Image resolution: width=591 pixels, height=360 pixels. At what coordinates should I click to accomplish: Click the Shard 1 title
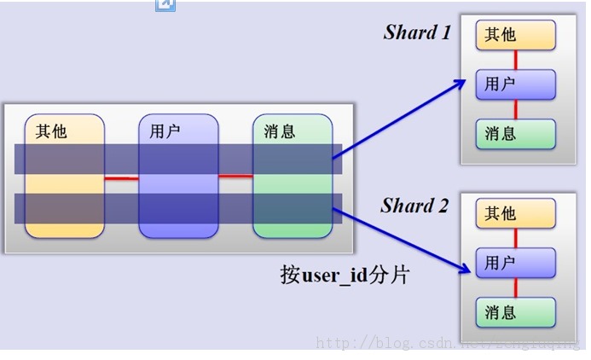pyautogui.click(x=417, y=32)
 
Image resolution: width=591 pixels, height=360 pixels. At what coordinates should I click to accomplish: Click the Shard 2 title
pyautogui.click(x=414, y=206)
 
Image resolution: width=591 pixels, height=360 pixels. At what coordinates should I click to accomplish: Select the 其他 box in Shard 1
pyautogui.click(x=516, y=35)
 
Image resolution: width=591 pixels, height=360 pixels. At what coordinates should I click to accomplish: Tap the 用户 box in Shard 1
pyautogui.click(x=516, y=84)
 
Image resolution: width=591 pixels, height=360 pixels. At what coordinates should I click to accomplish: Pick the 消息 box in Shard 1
pyautogui.click(x=516, y=134)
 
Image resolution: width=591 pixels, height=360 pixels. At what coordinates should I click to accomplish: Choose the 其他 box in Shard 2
pyautogui.click(x=516, y=213)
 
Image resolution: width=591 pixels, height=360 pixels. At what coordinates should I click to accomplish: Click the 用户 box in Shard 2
pyautogui.click(x=516, y=263)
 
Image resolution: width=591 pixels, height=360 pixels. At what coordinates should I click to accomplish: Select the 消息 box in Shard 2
pyautogui.click(x=516, y=313)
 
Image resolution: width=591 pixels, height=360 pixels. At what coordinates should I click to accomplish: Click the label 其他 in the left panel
pyautogui.click(x=51, y=131)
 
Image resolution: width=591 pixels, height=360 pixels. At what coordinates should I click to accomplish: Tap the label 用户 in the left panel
pyautogui.click(x=165, y=131)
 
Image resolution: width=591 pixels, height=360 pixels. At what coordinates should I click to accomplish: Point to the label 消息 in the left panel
pyautogui.click(x=280, y=131)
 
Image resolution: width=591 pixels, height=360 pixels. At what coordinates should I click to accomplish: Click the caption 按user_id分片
pyautogui.click(x=344, y=275)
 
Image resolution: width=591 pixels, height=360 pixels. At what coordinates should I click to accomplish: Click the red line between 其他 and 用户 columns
pyautogui.click(x=121, y=178)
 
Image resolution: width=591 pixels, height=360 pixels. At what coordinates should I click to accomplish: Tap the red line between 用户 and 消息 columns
pyautogui.click(x=235, y=177)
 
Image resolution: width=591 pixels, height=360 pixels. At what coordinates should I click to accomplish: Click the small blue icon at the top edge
pyautogui.click(x=165, y=4)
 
